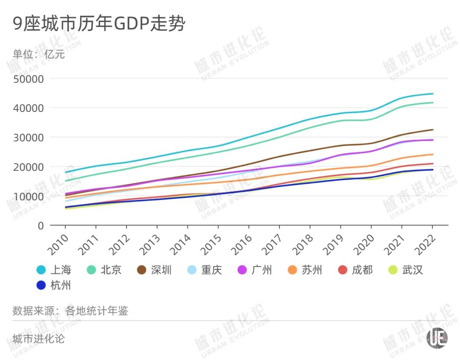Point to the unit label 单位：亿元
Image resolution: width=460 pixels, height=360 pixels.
(x=38, y=54)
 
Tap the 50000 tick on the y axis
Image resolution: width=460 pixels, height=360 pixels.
(x=29, y=79)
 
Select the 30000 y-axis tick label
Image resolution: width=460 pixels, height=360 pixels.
(x=29, y=137)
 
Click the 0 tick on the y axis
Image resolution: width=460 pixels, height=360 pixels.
(x=41, y=226)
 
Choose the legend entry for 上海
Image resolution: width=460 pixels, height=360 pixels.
(x=54, y=270)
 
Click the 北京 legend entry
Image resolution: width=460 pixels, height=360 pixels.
(x=104, y=270)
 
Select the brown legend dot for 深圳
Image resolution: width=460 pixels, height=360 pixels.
(x=142, y=270)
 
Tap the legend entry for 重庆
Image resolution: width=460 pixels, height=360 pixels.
(x=204, y=270)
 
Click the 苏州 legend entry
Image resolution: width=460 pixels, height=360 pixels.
(x=305, y=270)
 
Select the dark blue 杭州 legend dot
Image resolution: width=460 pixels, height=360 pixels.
(x=41, y=285)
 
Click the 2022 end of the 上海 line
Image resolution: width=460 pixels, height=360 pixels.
(x=433, y=94)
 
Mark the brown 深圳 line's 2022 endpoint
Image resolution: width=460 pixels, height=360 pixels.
(x=433, y=130)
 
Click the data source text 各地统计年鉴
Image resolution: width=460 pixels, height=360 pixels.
(x=97, y=311)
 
